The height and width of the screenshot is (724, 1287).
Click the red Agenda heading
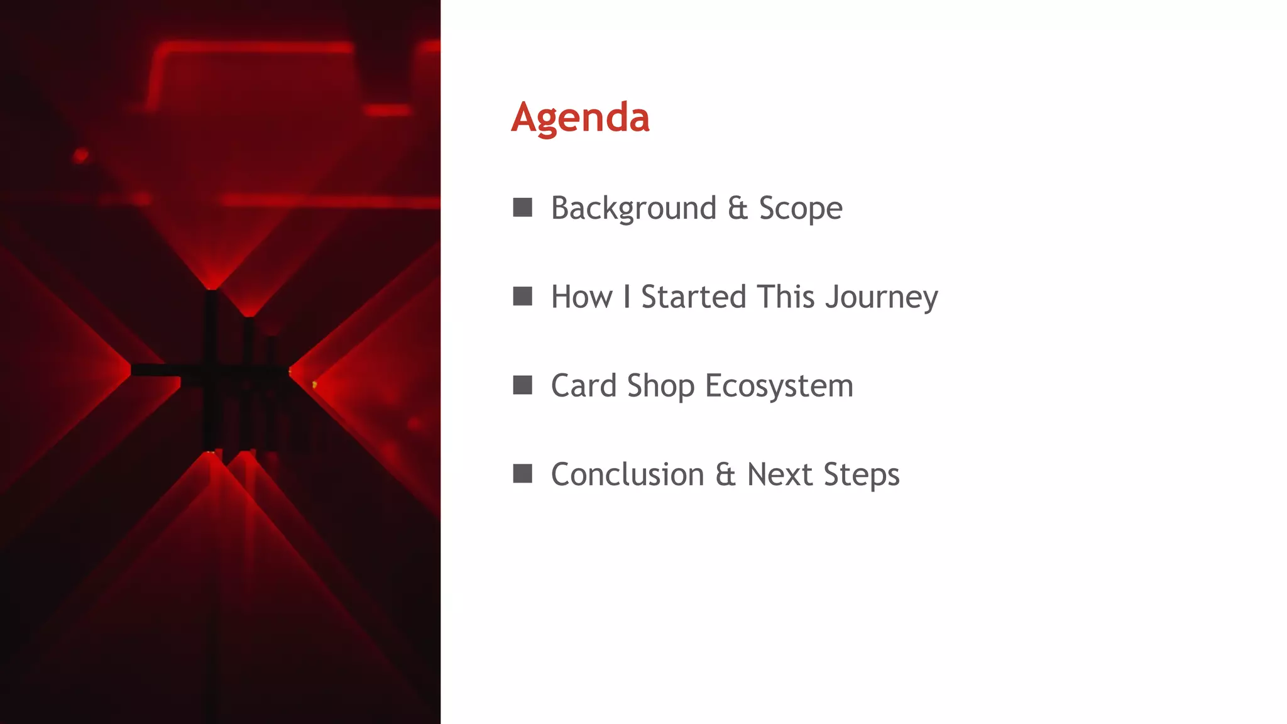[x=580, y=118]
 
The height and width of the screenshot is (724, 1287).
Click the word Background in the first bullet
[x=633, y=208]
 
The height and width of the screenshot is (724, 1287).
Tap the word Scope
[x=800, y=208]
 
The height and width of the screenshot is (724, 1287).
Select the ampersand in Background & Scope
[x=738, y=208]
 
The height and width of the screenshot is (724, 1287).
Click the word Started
[x=693, y=297]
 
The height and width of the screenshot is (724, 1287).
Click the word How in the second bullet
[x=581, y=297]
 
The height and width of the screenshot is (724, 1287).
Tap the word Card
[x=583, y=385]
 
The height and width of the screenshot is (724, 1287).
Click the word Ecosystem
[x=779, y=385]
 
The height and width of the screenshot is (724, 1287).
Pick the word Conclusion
[x=627, y=474]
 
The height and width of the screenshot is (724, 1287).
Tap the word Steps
[x=861, y=474]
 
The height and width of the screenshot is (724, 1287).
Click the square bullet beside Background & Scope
[x=522, y=207]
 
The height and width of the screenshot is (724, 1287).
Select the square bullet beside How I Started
[x=522, y=296]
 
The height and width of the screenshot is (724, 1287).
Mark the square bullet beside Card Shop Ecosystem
[x=522, y=385]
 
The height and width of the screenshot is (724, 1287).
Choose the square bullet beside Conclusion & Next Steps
[x=522, y=473]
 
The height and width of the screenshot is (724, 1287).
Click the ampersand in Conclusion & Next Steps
[x=725, y=474]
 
